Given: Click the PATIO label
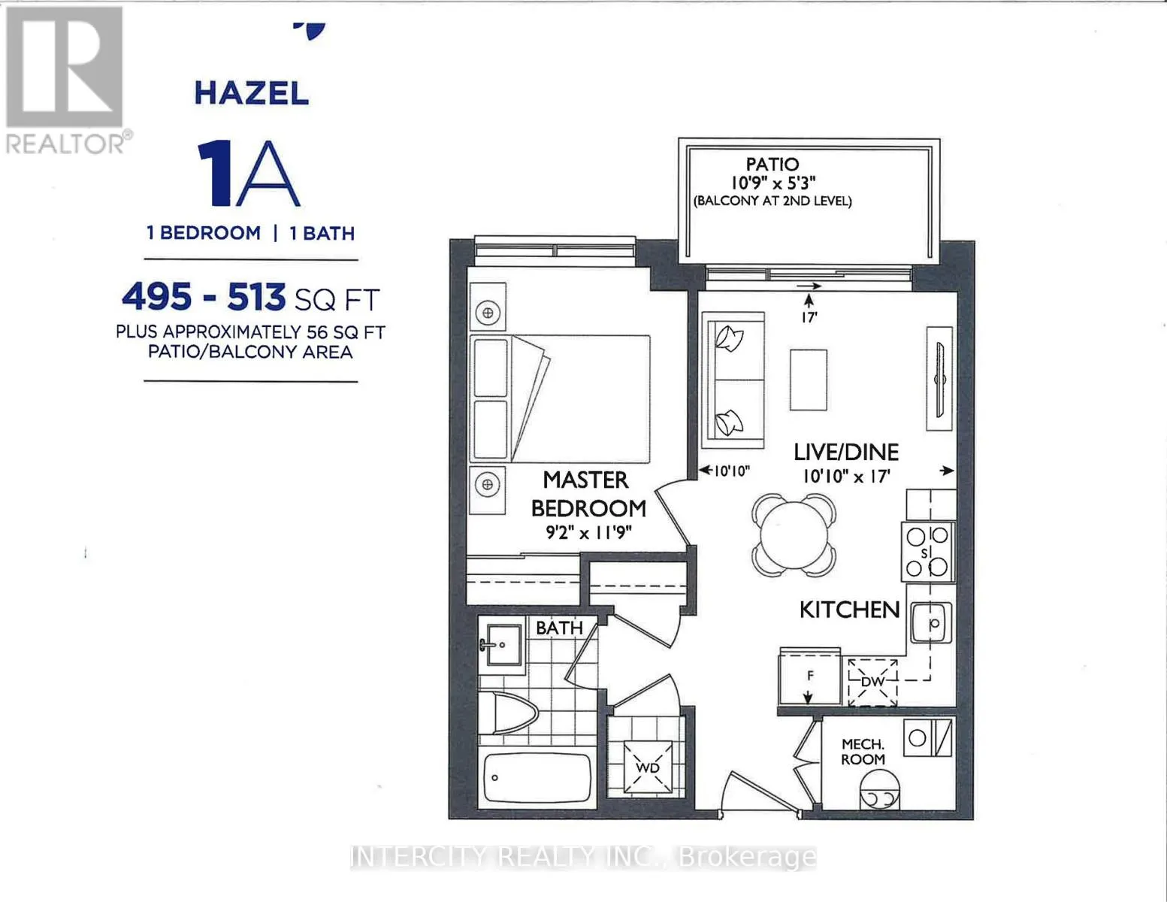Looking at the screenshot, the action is tap(772, 164).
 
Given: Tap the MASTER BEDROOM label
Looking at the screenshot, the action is tap(588, 495).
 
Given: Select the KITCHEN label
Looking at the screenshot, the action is tap(849, 610).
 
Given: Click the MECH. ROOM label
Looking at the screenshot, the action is tap(863, 752).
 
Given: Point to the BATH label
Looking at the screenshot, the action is tap(559, 628).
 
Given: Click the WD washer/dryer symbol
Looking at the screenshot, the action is tap(648, 767).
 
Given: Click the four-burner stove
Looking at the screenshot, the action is tap(927, 552).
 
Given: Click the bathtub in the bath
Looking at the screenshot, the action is tap(537, 777).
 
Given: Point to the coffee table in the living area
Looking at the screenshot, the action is tap(808, 380).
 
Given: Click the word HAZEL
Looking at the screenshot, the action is tap(251, 93).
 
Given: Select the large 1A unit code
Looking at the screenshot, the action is tap(248, 173).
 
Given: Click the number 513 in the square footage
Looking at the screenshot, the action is tap(256, 297).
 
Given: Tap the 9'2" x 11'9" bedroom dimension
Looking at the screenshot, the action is tap(588, 532).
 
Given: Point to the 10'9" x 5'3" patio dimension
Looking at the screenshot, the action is tap(773, 183).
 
